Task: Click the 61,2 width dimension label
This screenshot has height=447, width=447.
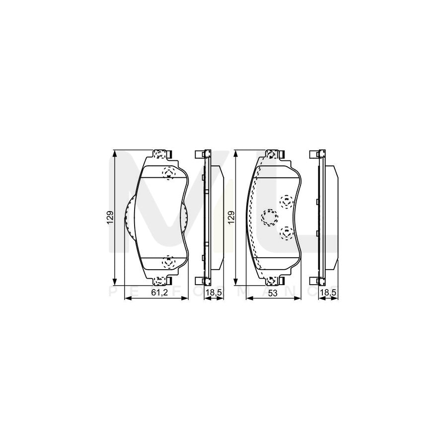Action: pyautogui.click(x=158, y=294)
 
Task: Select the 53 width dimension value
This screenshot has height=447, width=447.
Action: pyautogui.click(x=272, y=294)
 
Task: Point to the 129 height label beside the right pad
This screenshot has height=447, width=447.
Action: pyautogui.click(x=231, y=217)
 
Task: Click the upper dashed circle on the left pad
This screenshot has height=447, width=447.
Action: pyautogui.click(x=169, y=173)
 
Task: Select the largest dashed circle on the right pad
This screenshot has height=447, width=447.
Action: pyautogui.click(x=269, y=216)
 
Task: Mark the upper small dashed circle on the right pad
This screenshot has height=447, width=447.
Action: pyautogui.click(x=287, y=201)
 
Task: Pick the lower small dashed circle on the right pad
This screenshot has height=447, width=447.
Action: pyautogui.click(x=287, y=231)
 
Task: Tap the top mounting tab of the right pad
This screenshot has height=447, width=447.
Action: pyautogui.click(x=272, y=153)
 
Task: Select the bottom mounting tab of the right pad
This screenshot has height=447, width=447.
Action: pyautogui.click(x=272, y=281)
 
